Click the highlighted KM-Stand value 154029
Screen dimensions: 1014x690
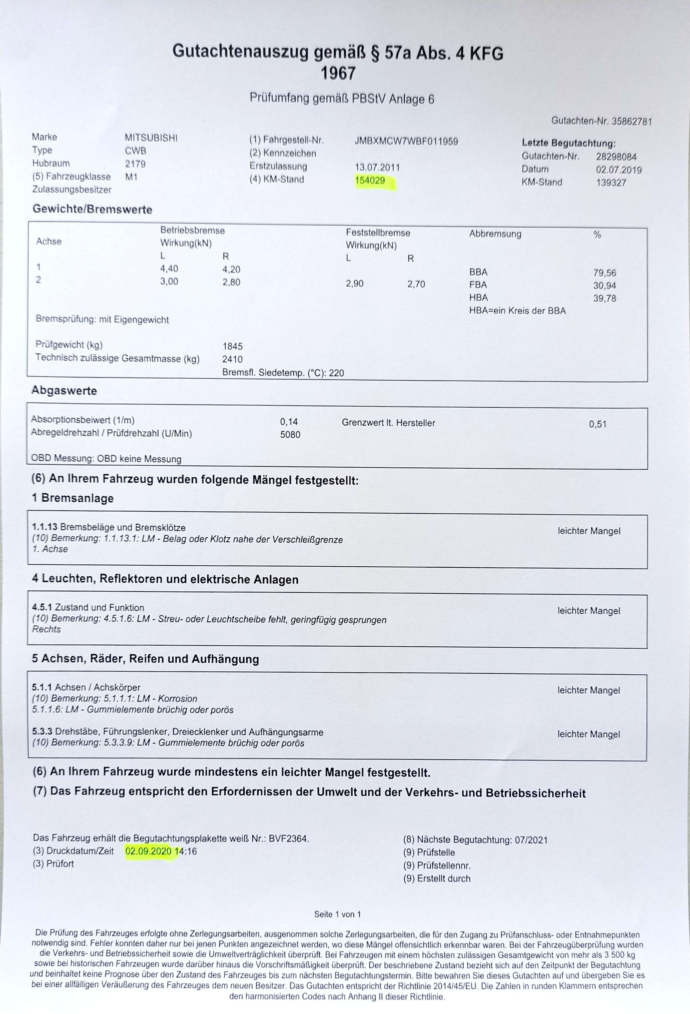click(370, 181)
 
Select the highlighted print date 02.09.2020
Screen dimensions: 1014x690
click(148, 851)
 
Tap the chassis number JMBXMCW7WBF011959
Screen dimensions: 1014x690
click(406, 141)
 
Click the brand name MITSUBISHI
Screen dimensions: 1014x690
click(151, 138)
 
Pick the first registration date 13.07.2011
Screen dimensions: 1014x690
click(377, 167)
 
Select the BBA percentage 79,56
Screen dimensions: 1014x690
click(604, 273)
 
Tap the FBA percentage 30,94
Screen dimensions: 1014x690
click(604, 286)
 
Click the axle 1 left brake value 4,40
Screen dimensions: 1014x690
click(169, 269)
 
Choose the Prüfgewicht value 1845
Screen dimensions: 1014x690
click(232, 346)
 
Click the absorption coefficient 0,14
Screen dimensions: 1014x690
click(289, 422)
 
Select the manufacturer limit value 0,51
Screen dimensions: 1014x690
click(597, 424)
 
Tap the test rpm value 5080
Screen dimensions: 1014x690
click(290, 434)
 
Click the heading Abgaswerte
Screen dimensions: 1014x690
click(64, 391)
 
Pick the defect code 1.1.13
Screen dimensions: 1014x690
click(44, 527)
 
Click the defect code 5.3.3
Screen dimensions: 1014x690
click(42, 732)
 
